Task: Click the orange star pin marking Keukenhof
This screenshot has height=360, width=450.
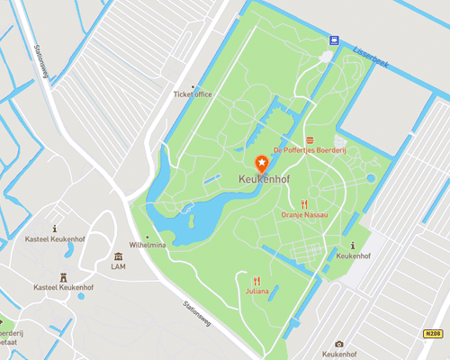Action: tap(262, 163)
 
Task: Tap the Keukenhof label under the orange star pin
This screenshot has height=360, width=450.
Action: tap(263, 180)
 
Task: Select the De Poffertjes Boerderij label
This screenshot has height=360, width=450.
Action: tap(310, 151)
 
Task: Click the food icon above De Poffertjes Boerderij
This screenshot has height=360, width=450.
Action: tap(310, 139)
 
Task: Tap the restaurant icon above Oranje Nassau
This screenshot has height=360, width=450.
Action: tap(305, 203)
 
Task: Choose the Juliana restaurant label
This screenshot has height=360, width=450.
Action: tap(257, 292)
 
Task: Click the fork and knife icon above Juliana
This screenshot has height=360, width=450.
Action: tap(257, 280)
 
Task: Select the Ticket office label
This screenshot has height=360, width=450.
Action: tap(193, 94)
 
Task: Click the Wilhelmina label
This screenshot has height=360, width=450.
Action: tap(148, 245)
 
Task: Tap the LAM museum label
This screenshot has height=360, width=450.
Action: tap(118, 267)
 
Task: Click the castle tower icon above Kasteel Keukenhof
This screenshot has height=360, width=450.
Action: tap(64, 276)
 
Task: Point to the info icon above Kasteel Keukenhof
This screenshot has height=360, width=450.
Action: tap(56, 230)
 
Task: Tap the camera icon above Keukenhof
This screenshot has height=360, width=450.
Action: tap(338, 344)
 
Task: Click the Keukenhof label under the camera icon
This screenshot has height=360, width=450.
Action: tap(338, 355)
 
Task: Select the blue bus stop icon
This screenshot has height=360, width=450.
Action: tap(334, 40)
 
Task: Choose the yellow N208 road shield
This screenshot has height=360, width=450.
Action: tap(433, 334)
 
